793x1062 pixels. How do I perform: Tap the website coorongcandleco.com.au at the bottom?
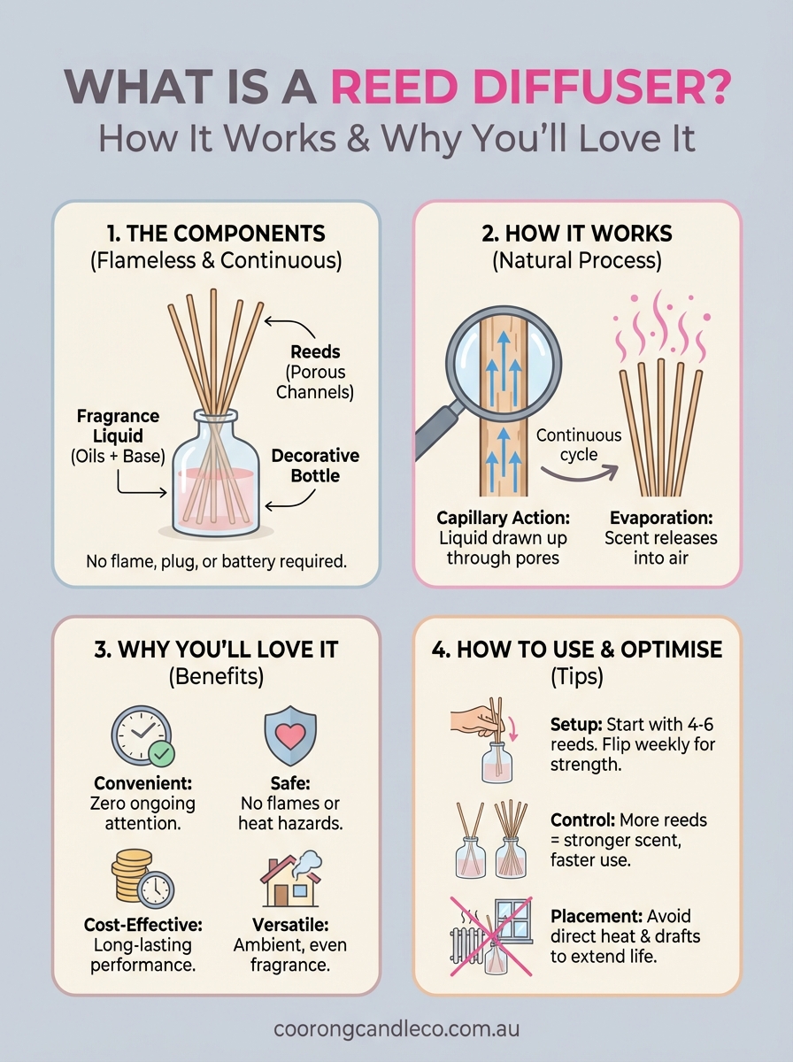pyautogui.click(x=396, y=1028)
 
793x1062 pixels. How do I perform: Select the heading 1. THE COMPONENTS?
pyautogui.click(x=216, y=234)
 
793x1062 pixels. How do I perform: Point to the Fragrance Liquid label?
pyautogui.click(x=119, y=427)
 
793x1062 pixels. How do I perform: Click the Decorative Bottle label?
pyautogui.click(x=315, y=466)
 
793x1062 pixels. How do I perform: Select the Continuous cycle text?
pyautogui.click(x=579, y=445)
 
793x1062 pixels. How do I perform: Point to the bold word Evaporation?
pyautogui.click(x=660, y=519)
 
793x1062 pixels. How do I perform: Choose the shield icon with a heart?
pyautogui.click(x=290, y=734)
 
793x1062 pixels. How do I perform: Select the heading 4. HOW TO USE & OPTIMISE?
pyautogui.click(x=577, y=650)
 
